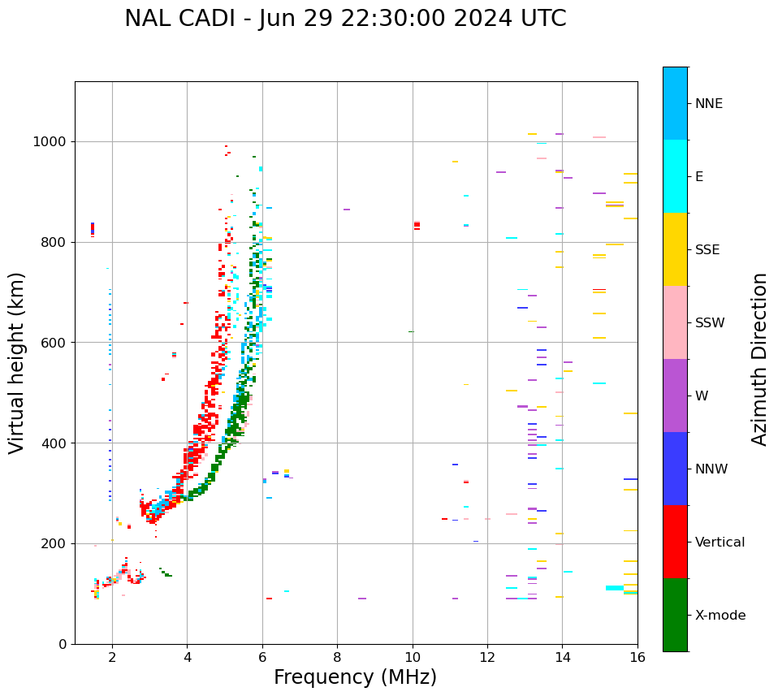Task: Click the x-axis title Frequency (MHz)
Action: (x=355, y=677)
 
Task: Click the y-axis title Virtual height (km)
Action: (x=17, y=363)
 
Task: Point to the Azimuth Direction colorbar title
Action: (x=759, y=359)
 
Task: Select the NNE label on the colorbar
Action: (x=708, y=104)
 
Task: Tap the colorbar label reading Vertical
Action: (x=720, y=543)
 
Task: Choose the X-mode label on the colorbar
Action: (x=720, y=616)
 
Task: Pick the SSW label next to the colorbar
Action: (x=710, y=323)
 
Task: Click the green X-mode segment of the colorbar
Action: (x=675, y=615)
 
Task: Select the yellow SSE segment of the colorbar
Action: (x=675, y=249)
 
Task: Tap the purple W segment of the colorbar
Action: (x=675, y=396)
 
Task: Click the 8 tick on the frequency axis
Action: (x=337, y=657)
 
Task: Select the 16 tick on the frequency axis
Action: (x=638, y=657)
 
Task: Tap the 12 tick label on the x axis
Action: (x=487, y=657)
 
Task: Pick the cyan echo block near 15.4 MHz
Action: (x=615, y=588)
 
